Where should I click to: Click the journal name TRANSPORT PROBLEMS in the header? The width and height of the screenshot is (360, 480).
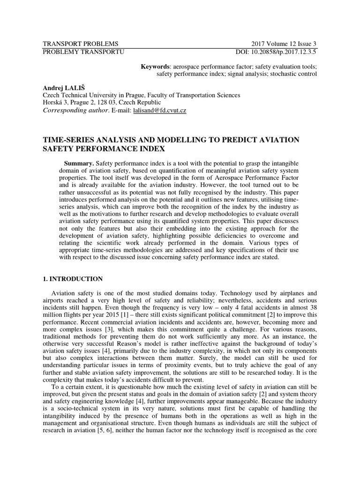(x=81, y=44)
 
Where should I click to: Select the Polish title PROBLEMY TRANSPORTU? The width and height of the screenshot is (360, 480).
(x=83, y=52)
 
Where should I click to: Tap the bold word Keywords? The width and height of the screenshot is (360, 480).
(x=156, y=66)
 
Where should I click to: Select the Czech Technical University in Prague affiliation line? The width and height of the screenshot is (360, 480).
(x=141, y=95)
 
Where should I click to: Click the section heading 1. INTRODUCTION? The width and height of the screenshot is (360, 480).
(x=73, y=279)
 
